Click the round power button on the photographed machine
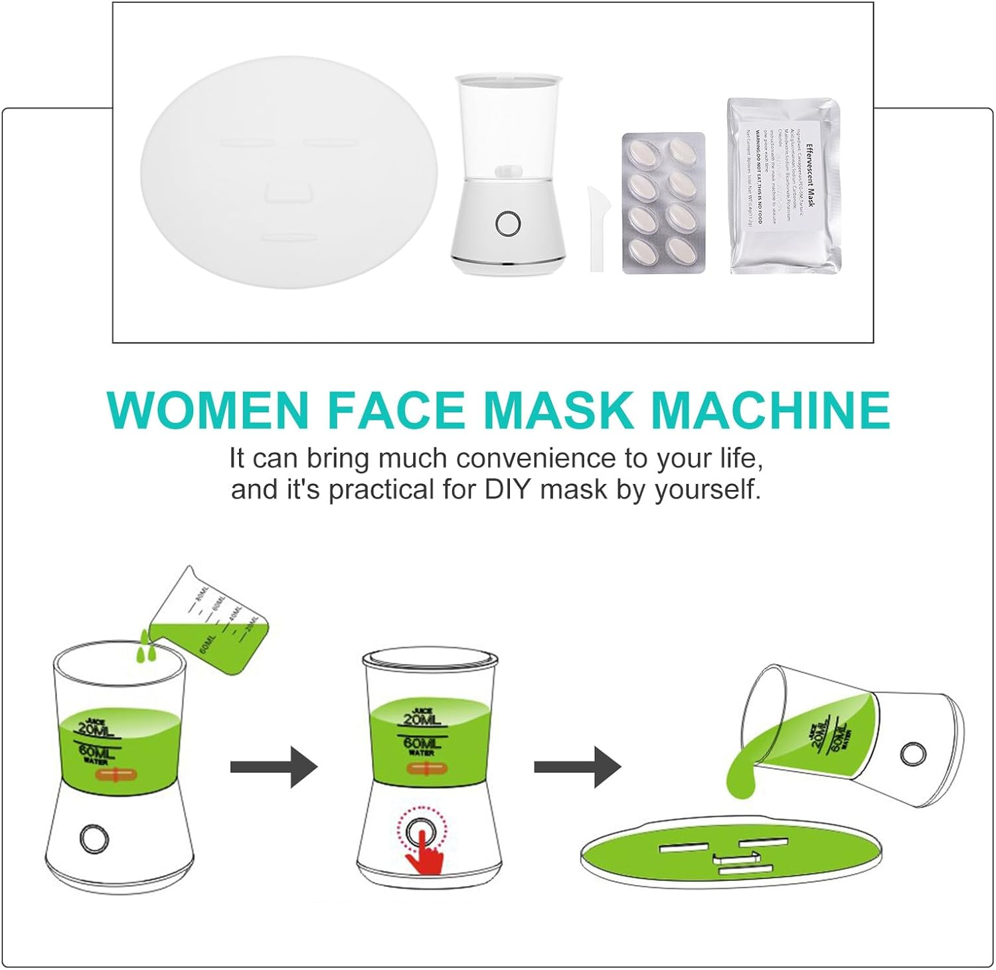pyautogui.click(x=508, y=224)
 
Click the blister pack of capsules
pyautogui.click(x=663, y=202)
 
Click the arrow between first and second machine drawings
pyautogui.click(x=274, y=768)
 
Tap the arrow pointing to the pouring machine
pyautogui.click(x=577, y=768)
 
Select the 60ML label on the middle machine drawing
pyautogui.click(x=421, y=744)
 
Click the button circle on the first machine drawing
pyautogui.click(x=94, y=839)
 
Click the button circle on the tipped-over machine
pyautogui.click(x=913, y=754)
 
